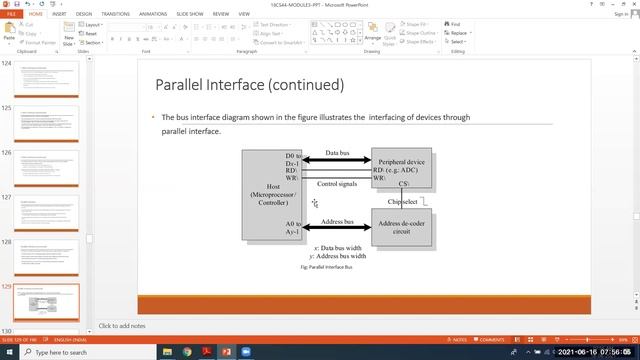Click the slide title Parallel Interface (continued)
[x=250, y=85]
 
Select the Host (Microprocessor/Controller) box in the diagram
[x=271, y=194]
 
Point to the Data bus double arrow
[x=337, y=159]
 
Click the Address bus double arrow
[x=337, y=228]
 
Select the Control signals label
[x=337, y=184]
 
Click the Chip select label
[x=403, y=202]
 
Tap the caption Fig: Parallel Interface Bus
[x=326, y=267]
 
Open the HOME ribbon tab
[x=36, y=15]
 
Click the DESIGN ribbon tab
[x=86, y=15]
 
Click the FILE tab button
[x=10, y=15]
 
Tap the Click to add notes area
[x=123, y=326]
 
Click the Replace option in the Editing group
[x=458, y=32]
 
